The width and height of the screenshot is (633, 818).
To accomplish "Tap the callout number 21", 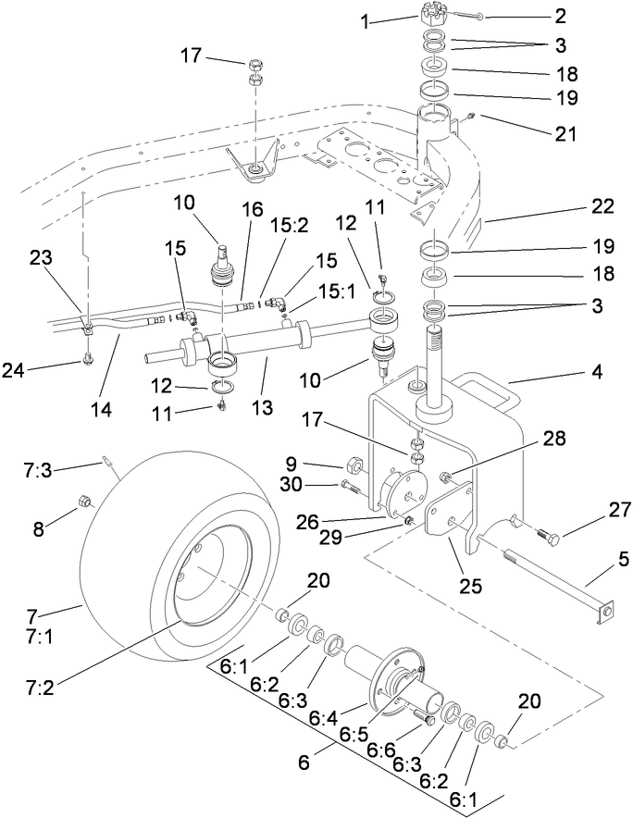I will pos(564,132).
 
